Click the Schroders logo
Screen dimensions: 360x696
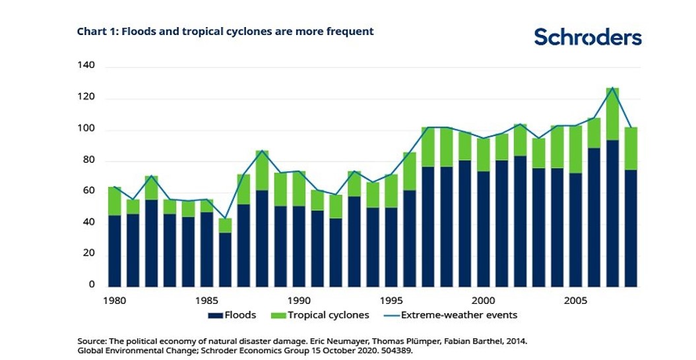pos(587,36)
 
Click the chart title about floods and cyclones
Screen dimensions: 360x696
pos(225,31)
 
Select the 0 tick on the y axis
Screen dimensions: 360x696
pos(92,285)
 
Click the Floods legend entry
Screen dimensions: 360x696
pos(232,315)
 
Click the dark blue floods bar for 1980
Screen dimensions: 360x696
pos(115,251)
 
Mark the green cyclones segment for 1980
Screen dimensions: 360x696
pos(115,201)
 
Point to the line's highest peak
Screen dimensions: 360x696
pos(612,88)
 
